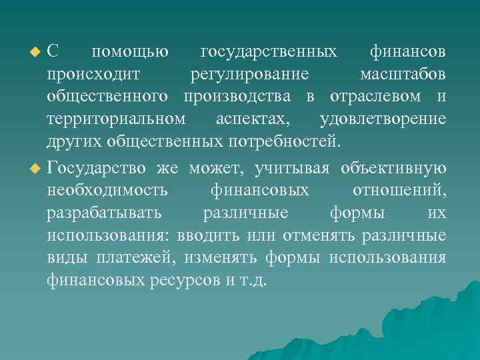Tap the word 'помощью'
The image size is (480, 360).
click(129, 52)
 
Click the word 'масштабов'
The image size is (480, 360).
click(403, 75)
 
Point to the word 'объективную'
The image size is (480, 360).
click(393, 167)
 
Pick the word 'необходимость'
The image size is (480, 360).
click(107, 191)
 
